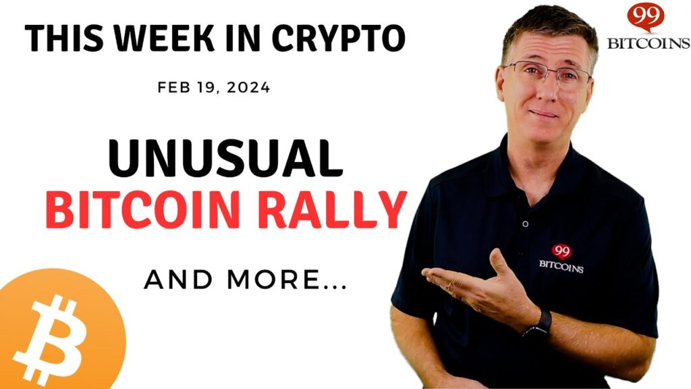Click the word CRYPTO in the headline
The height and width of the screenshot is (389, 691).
(339, 38)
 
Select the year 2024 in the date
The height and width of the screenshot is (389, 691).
(248, 87)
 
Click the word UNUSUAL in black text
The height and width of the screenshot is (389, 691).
(225, 159)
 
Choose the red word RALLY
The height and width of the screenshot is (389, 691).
(332, 209)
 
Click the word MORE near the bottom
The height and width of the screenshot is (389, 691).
(286, 280)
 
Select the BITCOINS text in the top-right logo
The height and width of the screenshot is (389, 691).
(648, 43)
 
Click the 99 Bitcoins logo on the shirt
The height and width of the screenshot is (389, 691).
(561, 259)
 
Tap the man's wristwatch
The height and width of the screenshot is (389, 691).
(538, 323)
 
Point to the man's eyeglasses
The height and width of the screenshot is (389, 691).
(547, 73)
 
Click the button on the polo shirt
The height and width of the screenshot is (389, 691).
(525, 224)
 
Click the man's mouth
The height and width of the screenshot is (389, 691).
(543, 113)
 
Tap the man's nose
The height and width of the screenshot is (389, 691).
(547, 90)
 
